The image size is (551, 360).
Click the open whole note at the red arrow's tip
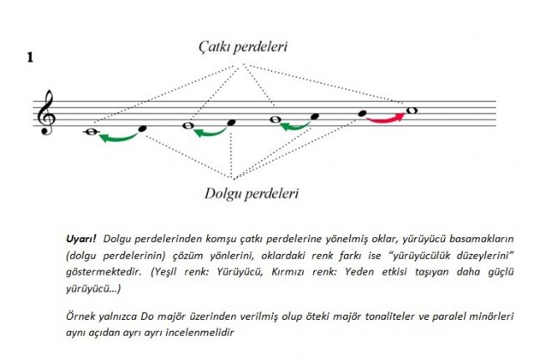411,109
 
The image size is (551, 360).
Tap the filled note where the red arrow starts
362,113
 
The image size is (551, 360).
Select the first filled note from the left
142,129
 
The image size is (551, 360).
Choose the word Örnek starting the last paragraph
81,317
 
